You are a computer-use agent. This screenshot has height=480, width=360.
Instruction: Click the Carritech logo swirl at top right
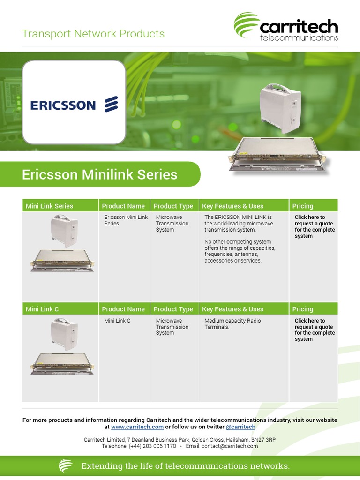[247, 26]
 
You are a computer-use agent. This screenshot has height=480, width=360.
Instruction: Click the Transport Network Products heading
[93, 34]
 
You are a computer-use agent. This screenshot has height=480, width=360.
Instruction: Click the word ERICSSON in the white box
[63, 105]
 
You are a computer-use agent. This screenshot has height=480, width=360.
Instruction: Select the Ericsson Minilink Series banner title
[100, 174]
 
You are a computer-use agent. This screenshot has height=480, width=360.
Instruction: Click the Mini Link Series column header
[50, 206]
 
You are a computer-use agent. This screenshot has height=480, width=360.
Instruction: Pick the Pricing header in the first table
[303, 206]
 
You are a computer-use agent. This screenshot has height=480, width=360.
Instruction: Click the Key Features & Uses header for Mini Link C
[232, 309]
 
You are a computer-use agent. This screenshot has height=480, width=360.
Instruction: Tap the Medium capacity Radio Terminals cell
[232, 324]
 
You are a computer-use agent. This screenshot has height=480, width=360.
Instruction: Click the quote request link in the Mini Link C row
[315, 330]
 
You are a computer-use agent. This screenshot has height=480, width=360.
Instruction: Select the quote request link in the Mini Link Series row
[315, 226]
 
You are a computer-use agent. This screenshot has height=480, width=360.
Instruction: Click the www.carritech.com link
[137, 427]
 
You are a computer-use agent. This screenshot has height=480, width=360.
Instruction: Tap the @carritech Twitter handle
[240, 427]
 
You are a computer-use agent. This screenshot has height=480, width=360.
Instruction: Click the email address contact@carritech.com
[229, 446]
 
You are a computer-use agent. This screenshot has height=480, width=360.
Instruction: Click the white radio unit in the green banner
[280, 108]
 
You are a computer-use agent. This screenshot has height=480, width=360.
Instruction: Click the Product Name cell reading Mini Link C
[117, 321]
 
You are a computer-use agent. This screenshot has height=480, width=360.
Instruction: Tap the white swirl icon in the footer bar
[66, 466]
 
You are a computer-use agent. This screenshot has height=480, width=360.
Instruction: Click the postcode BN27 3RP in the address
[264, 440]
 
